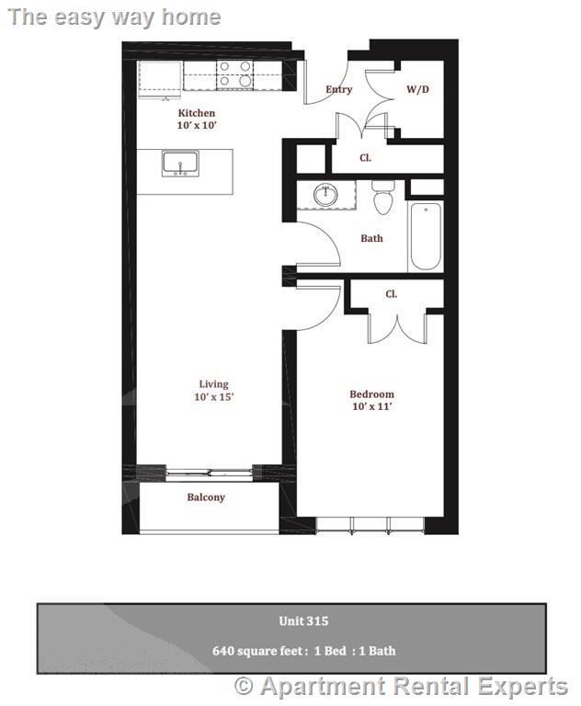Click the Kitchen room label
click(x=197, y=113)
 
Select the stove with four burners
click(x=234, y=74)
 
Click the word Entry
click(x=339, y=89)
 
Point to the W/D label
click(x=417, y=89)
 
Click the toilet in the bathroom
click(x=383, y=196)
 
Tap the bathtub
click(x=426, y=235)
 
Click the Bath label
click(x=371, y=239)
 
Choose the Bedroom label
click(x=371, y=393)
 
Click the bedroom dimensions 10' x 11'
click(x=371, y=406)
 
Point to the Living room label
click(x=213, y=384)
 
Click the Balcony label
click(x=206, y=497)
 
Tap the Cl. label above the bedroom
click(x=391, y=294)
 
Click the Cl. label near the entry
click(x=365, y=158)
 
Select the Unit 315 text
click(x=303, y=621)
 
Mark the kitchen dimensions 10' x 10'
click(x=197, y=125)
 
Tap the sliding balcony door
click(x=209, y=473)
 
